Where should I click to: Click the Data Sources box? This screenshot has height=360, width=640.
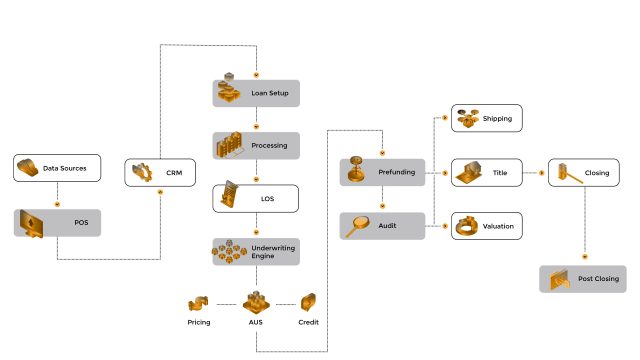pos(57,168)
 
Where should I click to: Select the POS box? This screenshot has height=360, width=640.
pos(57,222)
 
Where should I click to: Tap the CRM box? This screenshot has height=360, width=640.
pos(160,172)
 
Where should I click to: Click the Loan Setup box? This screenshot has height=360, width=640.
pos(256,94)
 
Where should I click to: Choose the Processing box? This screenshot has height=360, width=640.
pos(256,146)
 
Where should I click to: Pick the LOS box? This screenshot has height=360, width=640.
pos(256,198)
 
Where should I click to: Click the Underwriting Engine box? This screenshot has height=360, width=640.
pos(256,251)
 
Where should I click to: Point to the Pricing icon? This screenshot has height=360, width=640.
pos(199,302)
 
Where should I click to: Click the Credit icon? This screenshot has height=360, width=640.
pos(309,302)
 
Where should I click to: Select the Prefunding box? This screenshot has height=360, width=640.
pos(382,172)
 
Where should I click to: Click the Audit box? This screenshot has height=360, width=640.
pos(382,226)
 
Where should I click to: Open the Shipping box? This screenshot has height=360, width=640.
pos(487,119)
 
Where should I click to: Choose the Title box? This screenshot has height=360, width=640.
pos(487,173)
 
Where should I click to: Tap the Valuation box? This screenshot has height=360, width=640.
pos(487,227)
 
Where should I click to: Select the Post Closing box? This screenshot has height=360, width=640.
pos(583,279)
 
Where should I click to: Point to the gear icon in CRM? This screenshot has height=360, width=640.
pos(141,172)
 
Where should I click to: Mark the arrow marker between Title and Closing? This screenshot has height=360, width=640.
pos(541,173)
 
